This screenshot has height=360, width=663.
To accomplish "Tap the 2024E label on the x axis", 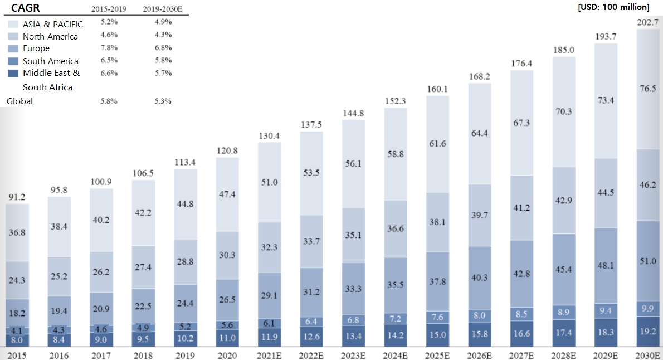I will (396, 354).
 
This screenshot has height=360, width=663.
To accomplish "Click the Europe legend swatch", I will (14, 48).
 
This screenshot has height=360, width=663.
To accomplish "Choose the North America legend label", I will (50, 37).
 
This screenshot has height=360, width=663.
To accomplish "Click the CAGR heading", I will (25, 8).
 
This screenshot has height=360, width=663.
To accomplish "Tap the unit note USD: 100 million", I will (613, 7).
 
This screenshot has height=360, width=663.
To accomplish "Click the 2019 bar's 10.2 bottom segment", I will (186, 338).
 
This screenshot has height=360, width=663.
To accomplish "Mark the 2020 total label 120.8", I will (227, 151).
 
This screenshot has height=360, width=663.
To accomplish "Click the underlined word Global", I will (19, 101).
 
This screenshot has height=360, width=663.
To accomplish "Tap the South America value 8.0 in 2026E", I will (480, 315).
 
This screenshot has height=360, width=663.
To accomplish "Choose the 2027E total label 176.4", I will (522, 64).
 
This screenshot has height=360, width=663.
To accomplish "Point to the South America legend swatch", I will (14, 61).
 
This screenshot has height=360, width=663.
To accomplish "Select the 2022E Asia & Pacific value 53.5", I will (311, 172).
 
